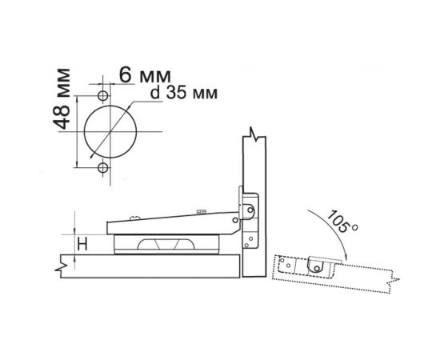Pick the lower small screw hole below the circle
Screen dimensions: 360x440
tap(103, 169)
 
